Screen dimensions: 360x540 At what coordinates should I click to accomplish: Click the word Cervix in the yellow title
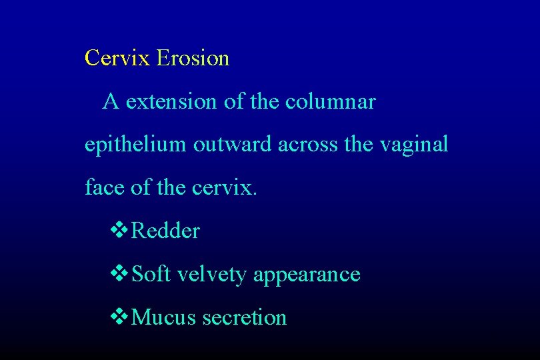coord(118,59)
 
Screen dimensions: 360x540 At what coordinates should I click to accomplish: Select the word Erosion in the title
coord(193,59)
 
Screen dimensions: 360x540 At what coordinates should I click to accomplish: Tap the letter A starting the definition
coord(111,102)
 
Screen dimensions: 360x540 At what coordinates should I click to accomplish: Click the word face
coord(105,188)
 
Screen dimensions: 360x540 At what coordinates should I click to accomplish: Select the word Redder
coord(166,231)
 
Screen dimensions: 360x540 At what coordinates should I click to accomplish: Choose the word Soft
coord(151,274)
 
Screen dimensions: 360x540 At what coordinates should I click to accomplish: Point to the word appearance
coord(307,275)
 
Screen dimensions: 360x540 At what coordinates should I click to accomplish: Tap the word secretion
coord(245,317)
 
